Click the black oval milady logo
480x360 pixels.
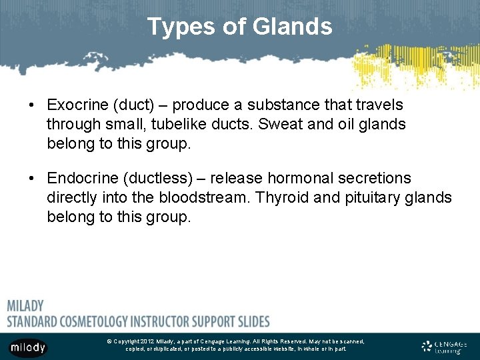coord(28,347)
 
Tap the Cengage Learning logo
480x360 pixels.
coord(445,346)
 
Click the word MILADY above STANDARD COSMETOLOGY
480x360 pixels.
coord(25,306)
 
